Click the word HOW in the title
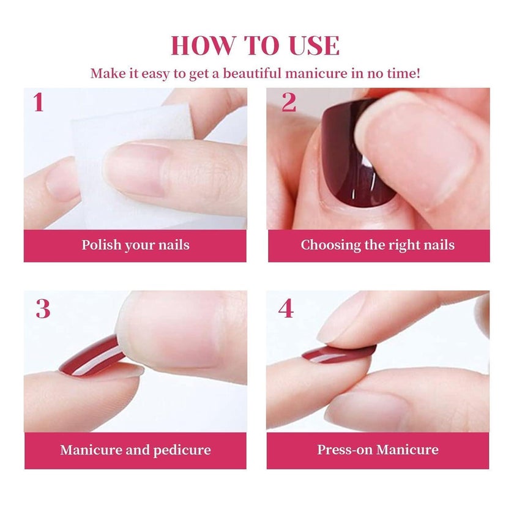203,45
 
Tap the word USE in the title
314,45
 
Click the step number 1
39,102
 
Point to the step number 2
289,102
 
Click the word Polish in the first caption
102,245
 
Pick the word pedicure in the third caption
182,450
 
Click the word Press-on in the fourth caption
345,450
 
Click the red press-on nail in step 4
338,355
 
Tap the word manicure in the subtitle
316,73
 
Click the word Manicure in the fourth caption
408,450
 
